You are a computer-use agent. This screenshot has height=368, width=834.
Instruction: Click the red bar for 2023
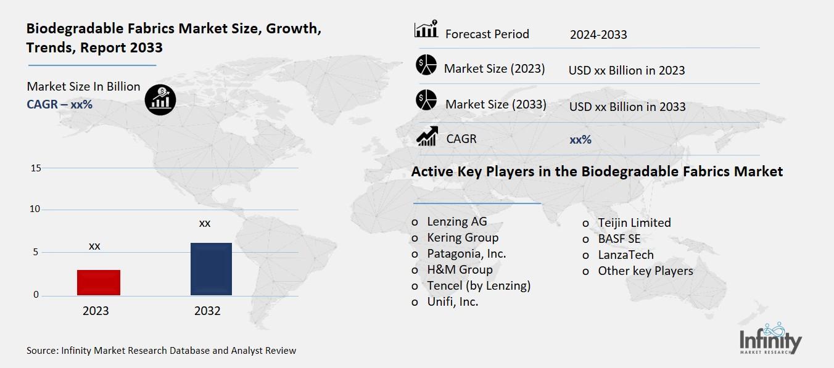[99, 282]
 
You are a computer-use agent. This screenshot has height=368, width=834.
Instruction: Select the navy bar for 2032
[211, 269]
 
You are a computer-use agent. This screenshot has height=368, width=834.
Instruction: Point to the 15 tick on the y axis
[35, 168]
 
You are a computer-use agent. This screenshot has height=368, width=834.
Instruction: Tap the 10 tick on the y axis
[35, 210]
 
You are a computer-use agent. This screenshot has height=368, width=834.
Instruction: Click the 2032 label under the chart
[207, 311]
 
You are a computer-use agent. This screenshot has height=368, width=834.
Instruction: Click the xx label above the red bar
[94, 246]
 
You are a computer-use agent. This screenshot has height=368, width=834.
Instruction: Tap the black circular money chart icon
[160, 99]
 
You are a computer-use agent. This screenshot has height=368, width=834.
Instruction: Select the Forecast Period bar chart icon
[426, 30]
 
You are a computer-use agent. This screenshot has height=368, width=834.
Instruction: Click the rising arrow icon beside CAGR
[427, 136]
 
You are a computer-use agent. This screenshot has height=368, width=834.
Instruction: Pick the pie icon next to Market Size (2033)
[426, 100]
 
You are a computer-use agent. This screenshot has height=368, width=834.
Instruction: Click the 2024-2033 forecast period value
[598, 35]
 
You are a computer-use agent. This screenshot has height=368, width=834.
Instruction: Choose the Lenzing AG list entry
[456, 222]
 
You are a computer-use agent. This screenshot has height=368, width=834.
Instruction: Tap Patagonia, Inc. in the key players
[466, 254]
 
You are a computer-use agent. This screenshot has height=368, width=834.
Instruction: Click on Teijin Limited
[634, 223]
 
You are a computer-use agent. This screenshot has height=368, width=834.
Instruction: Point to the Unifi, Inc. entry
[453, 302]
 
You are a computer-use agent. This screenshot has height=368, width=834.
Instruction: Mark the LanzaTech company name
[625, 255]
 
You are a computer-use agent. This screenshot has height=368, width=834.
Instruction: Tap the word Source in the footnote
[41, 351]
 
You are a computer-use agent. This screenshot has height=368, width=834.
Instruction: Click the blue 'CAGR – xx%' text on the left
[59, 104]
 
